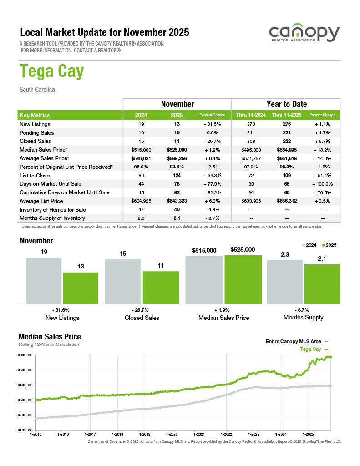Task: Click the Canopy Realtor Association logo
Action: point(304,34)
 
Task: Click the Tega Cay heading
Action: point(51,72)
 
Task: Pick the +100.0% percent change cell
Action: point(322,184)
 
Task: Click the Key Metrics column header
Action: point(35,115)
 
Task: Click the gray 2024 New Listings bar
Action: point(44,280)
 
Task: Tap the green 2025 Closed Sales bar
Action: point(161,287)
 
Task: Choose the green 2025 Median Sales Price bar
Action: point(243,279)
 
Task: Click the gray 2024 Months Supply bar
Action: point(284,282)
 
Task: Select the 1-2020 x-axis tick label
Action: point(172,435)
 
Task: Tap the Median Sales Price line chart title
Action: point(50,337)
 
